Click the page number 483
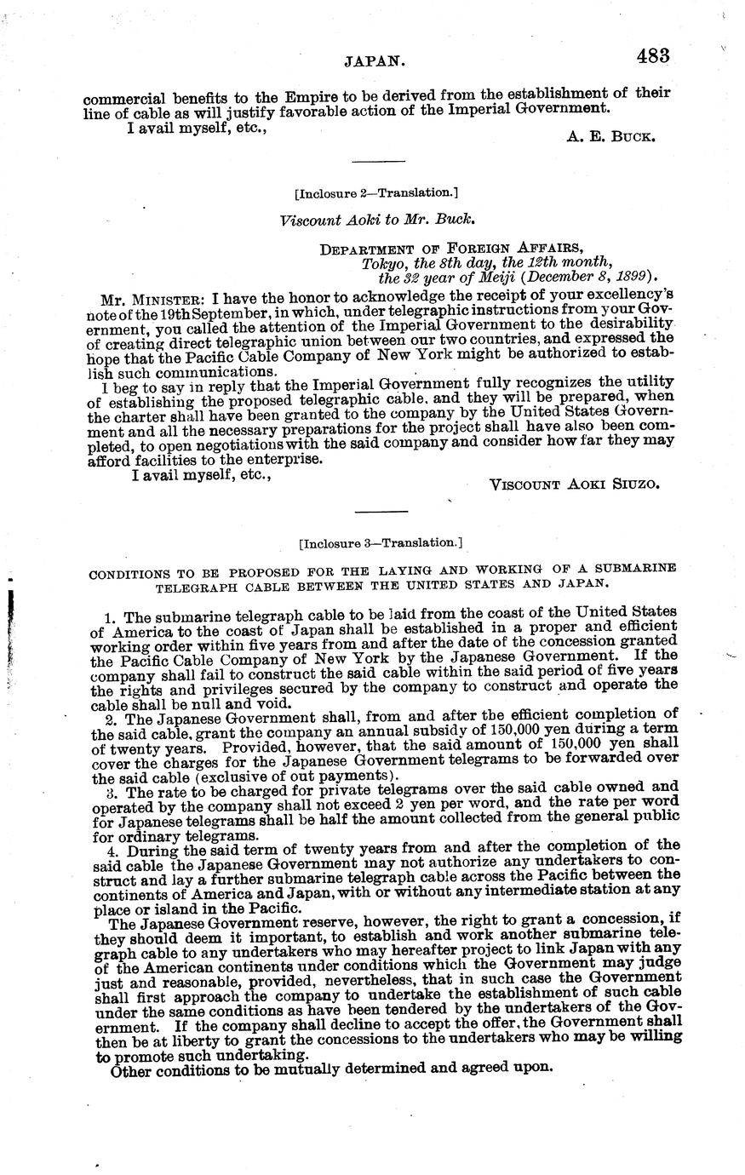[x=651, y=56]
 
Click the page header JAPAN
[x=373, y=60]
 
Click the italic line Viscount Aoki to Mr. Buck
[x=377, y=220]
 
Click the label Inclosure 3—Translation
[x=381, y=542]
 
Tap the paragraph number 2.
[x=109, y=714]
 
